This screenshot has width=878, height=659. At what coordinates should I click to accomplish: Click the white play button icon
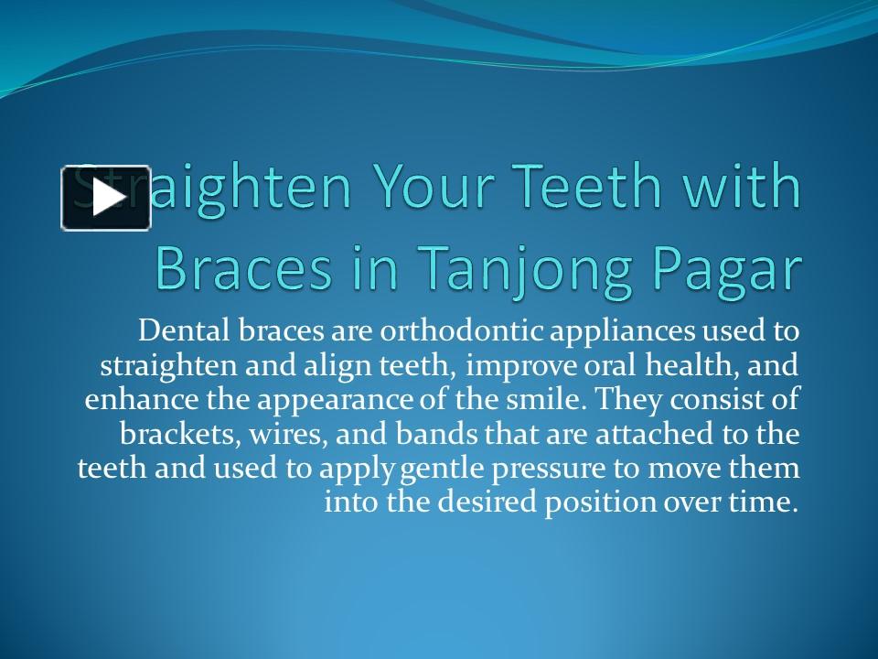click(x=105, y=198)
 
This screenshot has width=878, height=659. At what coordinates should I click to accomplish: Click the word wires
click(x=271, y=433)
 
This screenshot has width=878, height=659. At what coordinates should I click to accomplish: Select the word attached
click(x=656, y=433)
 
